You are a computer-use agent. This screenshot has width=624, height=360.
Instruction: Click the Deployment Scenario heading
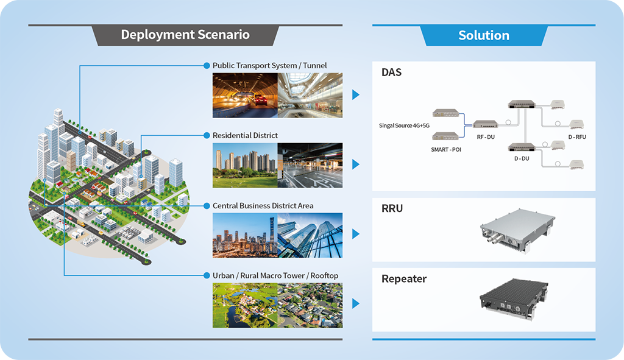(185, 35)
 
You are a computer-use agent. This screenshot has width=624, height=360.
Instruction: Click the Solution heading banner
(484, 35)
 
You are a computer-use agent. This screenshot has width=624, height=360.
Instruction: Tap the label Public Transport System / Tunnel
(269, 65)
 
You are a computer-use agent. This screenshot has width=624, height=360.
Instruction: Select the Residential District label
(245, 135)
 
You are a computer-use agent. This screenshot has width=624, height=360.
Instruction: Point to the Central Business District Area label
(263, 205)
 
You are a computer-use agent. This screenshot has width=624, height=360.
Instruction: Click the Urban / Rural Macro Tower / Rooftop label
(275, 275)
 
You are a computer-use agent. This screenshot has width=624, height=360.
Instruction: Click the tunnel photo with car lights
(245, 95)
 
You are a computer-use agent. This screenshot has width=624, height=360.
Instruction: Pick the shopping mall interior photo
(310, 95)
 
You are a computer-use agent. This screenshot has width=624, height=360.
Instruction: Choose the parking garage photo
(310, 165)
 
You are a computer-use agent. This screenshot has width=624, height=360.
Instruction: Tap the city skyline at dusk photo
(245, 235)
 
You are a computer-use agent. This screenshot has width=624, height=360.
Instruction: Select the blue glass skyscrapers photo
(310, 235)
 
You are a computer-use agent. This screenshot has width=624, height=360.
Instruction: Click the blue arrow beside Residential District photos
(356, 164)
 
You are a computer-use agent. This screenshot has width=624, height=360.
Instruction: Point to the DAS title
(392, 72)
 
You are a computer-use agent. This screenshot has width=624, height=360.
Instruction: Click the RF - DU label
(485, 138)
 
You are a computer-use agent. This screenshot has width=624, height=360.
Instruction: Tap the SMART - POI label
(446, 149)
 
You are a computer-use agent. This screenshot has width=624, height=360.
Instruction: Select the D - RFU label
(576, 137)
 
